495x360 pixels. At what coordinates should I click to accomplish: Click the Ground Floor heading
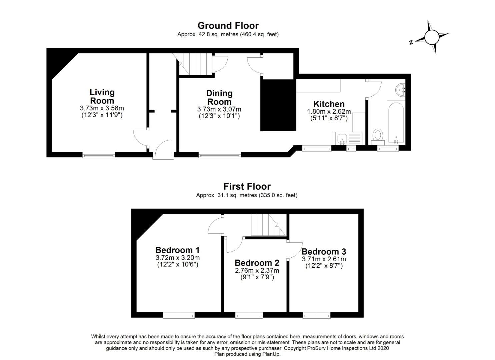228,26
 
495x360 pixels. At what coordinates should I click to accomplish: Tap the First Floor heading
247,186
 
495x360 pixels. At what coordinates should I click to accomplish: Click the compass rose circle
432,38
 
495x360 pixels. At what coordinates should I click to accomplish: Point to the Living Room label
102,96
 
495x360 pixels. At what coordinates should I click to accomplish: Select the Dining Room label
219,97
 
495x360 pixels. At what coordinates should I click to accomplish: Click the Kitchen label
329,104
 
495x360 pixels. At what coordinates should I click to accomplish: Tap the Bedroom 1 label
177,250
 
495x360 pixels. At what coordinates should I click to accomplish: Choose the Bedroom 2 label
257,263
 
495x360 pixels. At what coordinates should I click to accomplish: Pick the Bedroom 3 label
324,251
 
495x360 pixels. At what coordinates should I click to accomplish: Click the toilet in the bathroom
378,137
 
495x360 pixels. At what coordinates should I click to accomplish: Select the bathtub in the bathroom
396,123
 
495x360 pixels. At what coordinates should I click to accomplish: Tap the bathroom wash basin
400,90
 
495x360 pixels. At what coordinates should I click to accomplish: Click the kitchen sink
342,139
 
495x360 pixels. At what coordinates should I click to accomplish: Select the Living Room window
99,154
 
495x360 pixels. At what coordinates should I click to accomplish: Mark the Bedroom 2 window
249,315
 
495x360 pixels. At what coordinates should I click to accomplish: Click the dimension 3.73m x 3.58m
102,108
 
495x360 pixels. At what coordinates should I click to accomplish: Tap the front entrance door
163,150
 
